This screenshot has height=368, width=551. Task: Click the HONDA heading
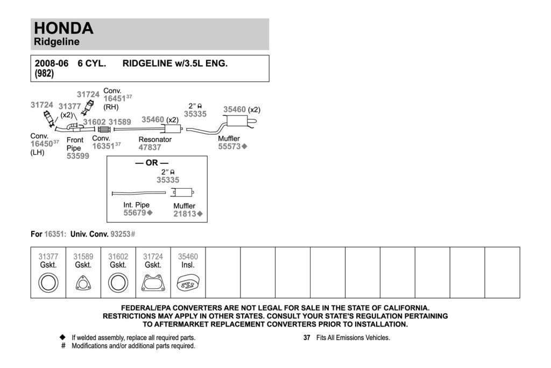63,28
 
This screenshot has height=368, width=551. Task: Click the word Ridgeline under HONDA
56,41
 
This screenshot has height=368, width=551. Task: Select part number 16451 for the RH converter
115,99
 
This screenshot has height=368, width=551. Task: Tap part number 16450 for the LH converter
41,143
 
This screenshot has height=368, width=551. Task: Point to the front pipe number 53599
78,156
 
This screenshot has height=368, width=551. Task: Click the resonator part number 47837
150,148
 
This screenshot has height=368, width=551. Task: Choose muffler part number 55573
229,147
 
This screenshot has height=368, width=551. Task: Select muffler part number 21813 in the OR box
185,214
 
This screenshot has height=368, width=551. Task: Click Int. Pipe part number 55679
135,213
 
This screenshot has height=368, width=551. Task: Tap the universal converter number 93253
121,234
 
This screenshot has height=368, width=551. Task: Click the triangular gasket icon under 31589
83,283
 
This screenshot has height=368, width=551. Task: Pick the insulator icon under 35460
188,283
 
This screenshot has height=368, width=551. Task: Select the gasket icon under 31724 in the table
153,283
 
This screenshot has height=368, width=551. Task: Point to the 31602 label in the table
118,257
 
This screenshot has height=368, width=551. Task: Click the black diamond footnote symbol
63,337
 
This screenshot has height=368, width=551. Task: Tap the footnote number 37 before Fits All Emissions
307,338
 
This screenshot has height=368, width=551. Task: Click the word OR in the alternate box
152,163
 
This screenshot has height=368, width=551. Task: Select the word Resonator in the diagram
155,140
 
